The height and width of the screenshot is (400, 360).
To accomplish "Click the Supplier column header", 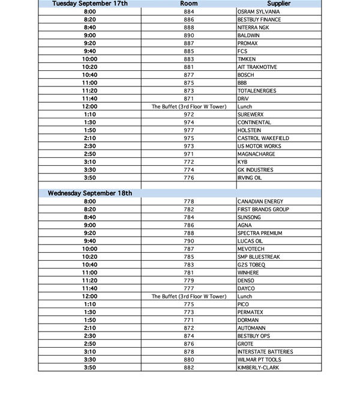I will pyautogui.click(x=279, y=4).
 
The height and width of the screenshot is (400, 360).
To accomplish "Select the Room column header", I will pyautogui.click(x=189, y=4).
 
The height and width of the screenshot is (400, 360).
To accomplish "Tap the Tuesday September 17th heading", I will pyautogui.click(x=90, y=4).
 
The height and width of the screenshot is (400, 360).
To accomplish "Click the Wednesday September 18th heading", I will pyautogui.click(x=90, y=193).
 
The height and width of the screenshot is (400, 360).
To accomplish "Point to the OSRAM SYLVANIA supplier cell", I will pyautogui.click(x=258, y=12).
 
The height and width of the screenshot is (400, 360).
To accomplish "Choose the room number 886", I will pyautogui.click(x=189, y=20).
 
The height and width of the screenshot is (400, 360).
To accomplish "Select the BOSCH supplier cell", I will pyautogui.click(x=246, y=75).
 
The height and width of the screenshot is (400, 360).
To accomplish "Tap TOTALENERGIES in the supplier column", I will pyautogui.click(x=257, y=91).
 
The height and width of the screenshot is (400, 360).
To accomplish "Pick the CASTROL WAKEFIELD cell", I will pyautogui.click(x=263, y=138).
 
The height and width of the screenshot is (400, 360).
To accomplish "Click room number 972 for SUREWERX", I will pyautogui.click(x=189, y=114).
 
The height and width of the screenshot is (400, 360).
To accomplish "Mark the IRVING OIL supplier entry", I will pyautogui.click(x=250, y=178).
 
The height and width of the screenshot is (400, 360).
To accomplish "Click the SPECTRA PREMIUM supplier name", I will pyautogui.click(x=259, y=233).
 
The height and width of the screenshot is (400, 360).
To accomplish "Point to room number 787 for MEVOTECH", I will pyautogui.click(x=189, y=249).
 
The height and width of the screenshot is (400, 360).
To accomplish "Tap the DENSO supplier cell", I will pyautogui.click(x=246, y=280).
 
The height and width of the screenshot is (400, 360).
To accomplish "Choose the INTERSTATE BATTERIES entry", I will pyautogui.click(x=265, y=351).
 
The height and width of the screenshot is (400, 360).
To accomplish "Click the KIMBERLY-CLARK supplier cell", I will pyautogui.click(x=258, y=368).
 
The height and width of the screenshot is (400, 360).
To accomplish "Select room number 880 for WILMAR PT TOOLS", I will pyautogui.click(x=189, y=360).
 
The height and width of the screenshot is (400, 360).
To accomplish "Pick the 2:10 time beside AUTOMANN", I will pyautogui.click(x=90, y=328).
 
